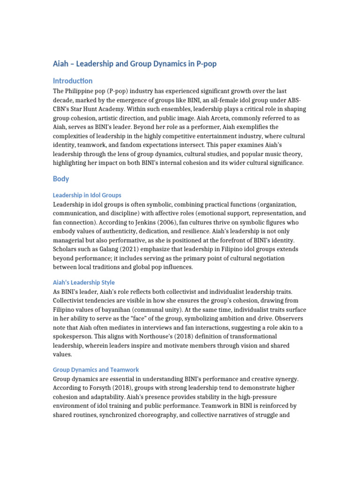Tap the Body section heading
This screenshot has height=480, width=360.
click(61, 179)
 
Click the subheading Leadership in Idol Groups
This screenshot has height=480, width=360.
click(87, 195)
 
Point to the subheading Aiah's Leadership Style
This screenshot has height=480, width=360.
click(84, 283)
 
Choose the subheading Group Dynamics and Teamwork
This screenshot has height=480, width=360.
click(96, 370)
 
